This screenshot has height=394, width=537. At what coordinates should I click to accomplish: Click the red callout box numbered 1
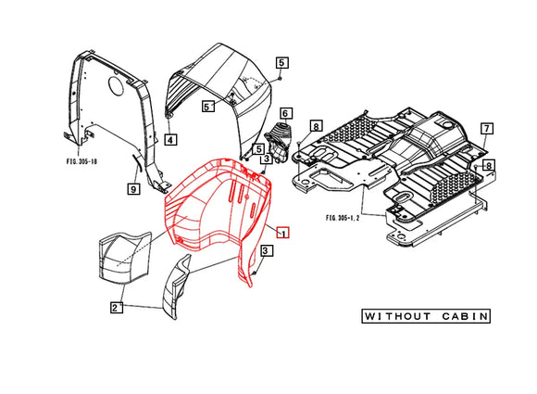coord(283,233)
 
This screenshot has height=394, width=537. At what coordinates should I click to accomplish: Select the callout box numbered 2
coord(116,307)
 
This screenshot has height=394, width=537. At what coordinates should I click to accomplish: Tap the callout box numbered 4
coord(170,140)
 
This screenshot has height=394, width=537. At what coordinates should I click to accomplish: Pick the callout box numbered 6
coord(285,113)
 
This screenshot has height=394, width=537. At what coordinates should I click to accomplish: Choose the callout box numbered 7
coord(487,129)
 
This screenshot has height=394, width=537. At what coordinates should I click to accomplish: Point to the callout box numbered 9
coord(133,188)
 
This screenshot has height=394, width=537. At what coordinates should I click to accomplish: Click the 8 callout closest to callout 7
coord(489,165)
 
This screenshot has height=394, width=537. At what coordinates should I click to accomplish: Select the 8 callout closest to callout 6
coord(316,126)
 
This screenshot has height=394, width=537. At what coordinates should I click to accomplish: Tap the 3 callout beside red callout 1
coord(267,250)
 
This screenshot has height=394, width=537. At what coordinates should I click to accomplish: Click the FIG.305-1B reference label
coord(81,161)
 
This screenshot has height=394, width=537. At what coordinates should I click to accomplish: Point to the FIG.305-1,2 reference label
coord(343,218)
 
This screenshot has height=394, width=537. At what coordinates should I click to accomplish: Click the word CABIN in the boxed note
coord(465,316)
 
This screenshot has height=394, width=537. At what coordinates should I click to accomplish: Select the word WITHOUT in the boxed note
coord(397,316)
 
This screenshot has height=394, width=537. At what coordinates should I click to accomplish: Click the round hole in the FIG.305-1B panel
coord(116,85)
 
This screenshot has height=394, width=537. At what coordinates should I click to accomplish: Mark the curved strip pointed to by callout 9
coord(137,165)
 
